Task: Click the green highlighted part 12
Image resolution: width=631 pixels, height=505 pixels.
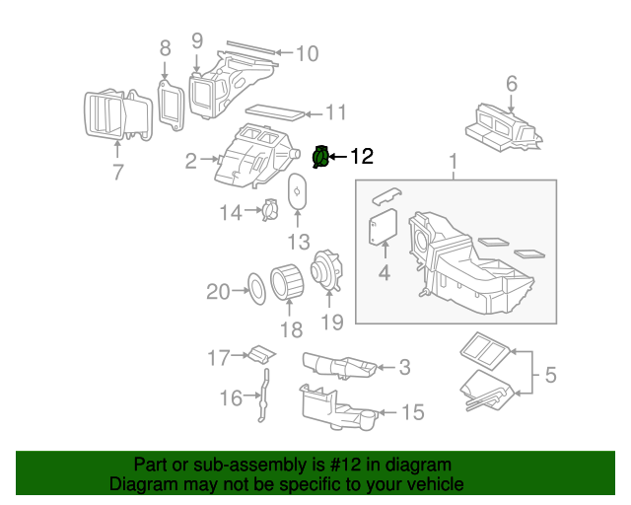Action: (x=320, y=157)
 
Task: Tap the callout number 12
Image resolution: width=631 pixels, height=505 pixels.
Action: (x=362, y=156)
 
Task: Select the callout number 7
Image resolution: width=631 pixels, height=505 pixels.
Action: (x=117, y=173)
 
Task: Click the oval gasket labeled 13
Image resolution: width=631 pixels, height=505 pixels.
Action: (x=298, y=190)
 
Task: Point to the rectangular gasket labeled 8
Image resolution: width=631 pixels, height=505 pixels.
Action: (x=172, y=103)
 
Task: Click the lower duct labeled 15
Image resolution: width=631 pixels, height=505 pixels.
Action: (x=335, y=408)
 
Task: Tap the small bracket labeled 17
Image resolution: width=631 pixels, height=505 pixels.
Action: (x=260, y=352)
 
